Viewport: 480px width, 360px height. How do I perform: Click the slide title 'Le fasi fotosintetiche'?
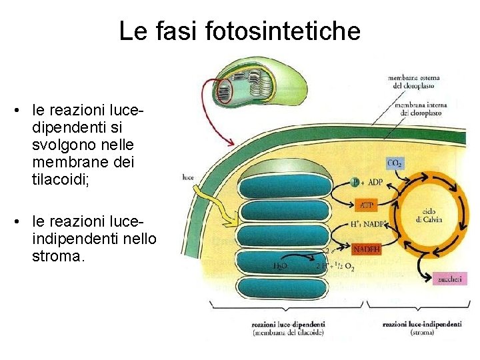pos(239,31)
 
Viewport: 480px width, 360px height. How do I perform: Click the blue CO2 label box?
pos(395,163)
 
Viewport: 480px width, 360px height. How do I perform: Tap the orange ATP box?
pos(367,205)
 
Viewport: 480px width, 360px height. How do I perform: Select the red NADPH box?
pos(367,249)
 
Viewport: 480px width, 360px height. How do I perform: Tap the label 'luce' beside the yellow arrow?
pos(187,177)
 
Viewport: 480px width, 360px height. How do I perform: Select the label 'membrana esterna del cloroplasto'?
pos(413,82)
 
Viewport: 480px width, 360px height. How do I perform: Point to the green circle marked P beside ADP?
pos(355,182)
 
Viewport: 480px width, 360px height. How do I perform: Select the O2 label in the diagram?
pos(349,268)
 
